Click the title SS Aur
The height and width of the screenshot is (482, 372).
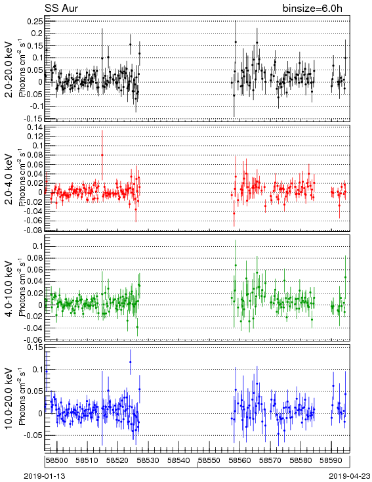[x=62, y=8]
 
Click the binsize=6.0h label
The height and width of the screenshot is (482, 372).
[x=312, y=8]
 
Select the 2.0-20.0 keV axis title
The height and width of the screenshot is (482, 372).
[x=9, y=70]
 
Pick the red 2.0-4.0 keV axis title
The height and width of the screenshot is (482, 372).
[x=9, y=179]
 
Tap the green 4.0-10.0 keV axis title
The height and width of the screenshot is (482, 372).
[x=9, y=289]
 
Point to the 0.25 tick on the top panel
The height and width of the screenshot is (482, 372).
[x=34, y=21]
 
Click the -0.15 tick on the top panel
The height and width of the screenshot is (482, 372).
[x=33, y=119]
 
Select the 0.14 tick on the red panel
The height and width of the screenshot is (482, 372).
[x=34, y=127]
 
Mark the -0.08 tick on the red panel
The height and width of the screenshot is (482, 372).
[x=33, y=230]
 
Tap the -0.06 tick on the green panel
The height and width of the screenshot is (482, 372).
[x=33, y=340]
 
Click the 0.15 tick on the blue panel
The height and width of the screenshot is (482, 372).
[x=34, y=347]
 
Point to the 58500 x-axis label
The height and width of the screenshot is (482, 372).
[x=56, y=460]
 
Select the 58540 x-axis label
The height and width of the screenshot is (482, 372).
[x=178, y=460]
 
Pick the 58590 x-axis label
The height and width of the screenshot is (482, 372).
[x=331, y=460]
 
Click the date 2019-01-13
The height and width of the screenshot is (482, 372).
[x=45, y=476]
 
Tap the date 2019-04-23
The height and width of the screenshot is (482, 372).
[x=350, y=476]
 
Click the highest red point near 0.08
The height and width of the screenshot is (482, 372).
[x=102, y=155]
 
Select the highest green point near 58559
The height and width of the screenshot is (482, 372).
[x=236, y=265]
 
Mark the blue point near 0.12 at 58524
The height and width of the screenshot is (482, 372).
[x=131, y=362]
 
